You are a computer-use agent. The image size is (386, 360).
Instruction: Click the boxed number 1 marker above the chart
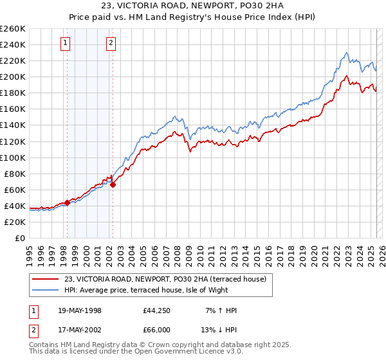tap(66, 43)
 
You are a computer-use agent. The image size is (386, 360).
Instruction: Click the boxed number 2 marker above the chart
tap(111, 43)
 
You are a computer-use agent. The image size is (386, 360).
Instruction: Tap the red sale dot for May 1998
tap(67, 203)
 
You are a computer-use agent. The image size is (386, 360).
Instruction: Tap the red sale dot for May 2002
tap(113, 184)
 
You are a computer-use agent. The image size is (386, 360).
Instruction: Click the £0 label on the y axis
tap(19, 238)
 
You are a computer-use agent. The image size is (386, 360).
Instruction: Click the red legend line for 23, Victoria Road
tap(45, 278)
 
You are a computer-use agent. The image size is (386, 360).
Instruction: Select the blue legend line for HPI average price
tap(45, 290)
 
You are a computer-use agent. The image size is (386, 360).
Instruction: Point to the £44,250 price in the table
tap(157, 310)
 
